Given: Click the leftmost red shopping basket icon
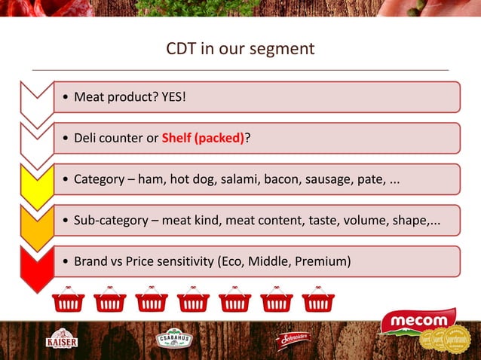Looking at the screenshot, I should click(69, 299).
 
